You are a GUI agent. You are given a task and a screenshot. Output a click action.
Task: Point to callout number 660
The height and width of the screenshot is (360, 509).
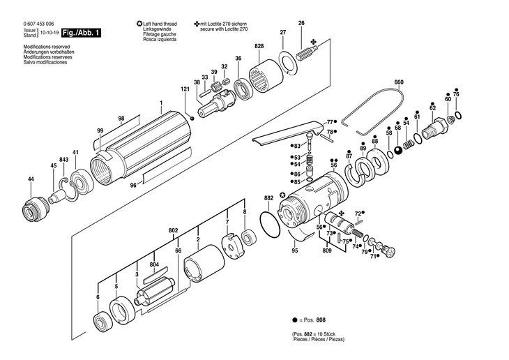point(399,83)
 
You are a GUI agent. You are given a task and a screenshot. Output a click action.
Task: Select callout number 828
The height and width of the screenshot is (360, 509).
point(259,45)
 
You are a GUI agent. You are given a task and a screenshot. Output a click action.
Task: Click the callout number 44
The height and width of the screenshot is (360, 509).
point(31,180)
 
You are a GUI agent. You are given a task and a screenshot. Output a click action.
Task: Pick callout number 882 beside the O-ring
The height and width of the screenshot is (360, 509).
point(268,198)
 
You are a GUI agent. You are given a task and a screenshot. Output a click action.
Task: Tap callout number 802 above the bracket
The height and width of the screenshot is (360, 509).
point(173,230)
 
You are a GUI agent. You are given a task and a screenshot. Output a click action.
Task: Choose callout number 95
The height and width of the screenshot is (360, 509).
point(294,250)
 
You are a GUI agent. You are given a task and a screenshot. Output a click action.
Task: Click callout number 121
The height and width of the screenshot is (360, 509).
point(185,89)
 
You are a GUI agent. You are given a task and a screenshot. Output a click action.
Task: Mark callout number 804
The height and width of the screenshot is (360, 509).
point(154,264)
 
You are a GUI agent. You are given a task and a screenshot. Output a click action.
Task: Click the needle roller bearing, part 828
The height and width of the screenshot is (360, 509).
point(266,72)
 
